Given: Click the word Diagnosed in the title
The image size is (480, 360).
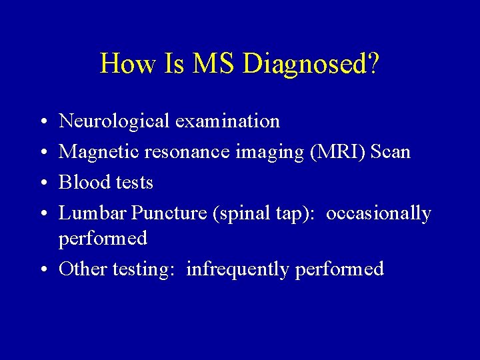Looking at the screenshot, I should pyautogui.click(x=312, y=64).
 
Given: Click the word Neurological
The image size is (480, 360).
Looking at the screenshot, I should pyautogui.click(x=114, y=121).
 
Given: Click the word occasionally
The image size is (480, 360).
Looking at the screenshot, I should pyautogui.click(x=379, y=213).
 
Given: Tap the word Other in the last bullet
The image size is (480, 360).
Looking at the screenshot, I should pyautogui.click(x=83, y=269).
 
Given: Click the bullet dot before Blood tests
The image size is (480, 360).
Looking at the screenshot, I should pyautogui.click(x=42, y=183).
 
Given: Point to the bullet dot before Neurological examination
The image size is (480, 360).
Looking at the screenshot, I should pyautogui.click(x=42, y=122).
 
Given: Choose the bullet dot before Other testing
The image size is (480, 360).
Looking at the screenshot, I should pyautogui.click(x=42, y=270).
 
